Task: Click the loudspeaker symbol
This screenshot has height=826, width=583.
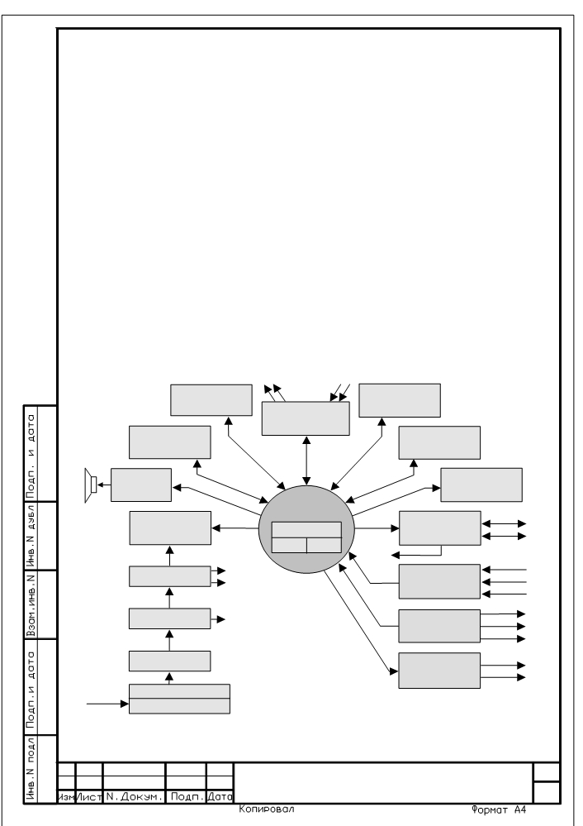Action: (x=91, y=485)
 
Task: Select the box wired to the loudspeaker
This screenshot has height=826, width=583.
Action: (x=141, y=485)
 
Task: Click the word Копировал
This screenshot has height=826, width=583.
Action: (x=266, y=809)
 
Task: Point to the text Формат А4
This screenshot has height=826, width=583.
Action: (x=499, y=809)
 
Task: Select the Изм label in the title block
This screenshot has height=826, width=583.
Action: (x=66, y=797)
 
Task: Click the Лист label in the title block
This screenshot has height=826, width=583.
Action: (x=89, y=797)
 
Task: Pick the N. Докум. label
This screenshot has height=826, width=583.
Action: (x=134, y=797)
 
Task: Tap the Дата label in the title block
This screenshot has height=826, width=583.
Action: (x=220, y=797)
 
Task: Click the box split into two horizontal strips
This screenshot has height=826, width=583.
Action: (x=179, y=699)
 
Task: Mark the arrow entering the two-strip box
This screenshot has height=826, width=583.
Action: (x=107, y=704)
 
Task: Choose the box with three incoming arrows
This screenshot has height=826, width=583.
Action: (x=439, y=581)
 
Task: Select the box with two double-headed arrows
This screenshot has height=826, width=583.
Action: (x=440, y=528)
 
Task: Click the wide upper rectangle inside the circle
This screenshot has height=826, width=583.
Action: (x=306, y=529)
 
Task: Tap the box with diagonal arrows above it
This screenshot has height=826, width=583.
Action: (x=306, y=418)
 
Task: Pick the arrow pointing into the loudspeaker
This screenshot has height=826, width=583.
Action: (x=104, y=485)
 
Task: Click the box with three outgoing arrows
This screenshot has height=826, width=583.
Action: (x=439, y=627)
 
